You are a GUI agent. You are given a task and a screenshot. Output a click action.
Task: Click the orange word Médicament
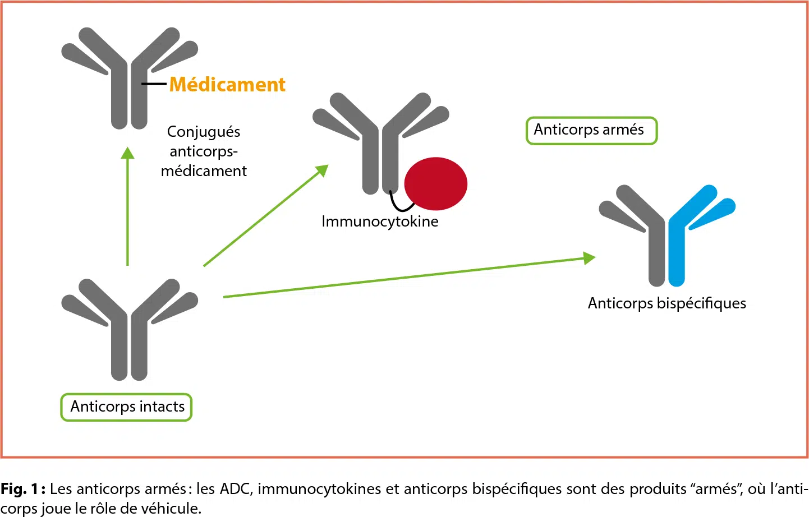tap(227, 85)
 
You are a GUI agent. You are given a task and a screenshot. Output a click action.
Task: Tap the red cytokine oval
tap(436, 184)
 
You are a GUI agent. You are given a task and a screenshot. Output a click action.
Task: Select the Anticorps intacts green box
tap(127, 407)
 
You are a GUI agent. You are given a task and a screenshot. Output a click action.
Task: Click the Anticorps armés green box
tap(591, 130)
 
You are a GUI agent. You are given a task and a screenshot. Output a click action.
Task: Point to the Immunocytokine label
tap(380, 221)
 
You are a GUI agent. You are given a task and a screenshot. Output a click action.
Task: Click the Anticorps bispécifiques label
tap(666, 303)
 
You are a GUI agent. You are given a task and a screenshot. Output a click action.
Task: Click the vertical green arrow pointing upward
tap(128, 207)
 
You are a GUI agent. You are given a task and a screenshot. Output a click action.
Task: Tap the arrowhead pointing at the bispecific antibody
tap(589, 258)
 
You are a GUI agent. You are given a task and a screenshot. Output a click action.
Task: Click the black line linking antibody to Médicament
tap(154, 84)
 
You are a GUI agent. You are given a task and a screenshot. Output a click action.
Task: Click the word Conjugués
tap(204, 132)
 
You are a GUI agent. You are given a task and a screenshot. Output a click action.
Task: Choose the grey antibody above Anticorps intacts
tap(129, 331)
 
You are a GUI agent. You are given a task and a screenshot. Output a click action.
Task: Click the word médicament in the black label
tap(204, 171)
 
